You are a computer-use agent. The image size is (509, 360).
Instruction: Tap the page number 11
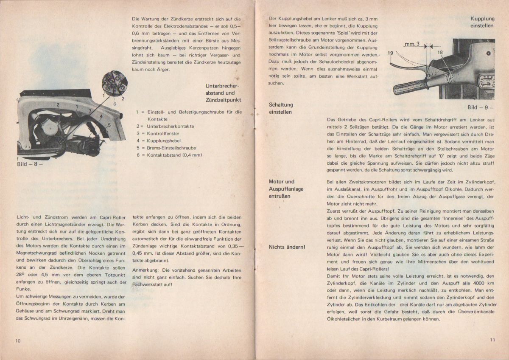pos(492,339)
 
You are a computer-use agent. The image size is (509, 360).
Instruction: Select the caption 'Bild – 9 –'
pos(481,107)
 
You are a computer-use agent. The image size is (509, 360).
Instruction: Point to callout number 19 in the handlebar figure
pos(390,53)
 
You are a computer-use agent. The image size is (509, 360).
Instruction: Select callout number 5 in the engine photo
pos(109,124)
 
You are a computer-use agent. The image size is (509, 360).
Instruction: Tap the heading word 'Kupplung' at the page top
pos(482,19)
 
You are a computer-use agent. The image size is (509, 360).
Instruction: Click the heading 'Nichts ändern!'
pos(288,247)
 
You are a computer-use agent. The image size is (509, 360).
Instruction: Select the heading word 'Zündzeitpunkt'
pos(223,100)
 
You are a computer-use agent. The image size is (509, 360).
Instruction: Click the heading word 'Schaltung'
pos(281,104)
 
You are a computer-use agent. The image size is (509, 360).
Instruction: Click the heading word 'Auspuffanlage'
pos(286,189)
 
